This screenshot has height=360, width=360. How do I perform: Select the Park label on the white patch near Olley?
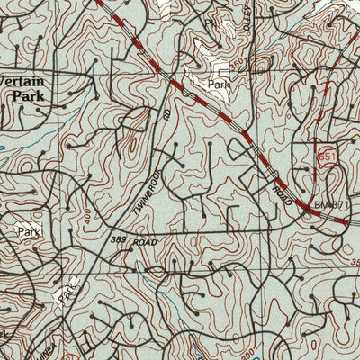[x=219, y=85]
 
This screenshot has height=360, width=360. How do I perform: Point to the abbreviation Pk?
[x=211, y=22]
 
